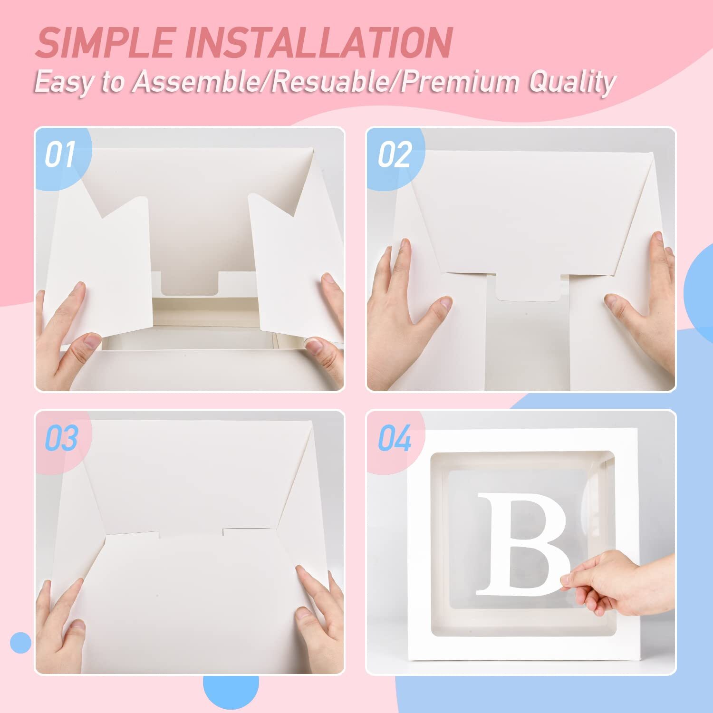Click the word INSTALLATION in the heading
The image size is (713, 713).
point(323,42)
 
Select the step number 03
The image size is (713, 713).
point(61,438)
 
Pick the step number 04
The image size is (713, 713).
point(394,438)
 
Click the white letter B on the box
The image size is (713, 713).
point(523,544)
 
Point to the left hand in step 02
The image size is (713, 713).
point(404,304)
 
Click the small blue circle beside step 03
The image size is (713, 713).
point(20,643)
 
